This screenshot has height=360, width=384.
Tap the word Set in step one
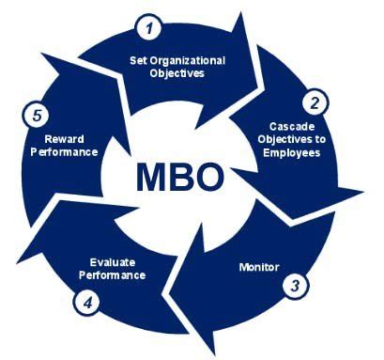coord(139,61)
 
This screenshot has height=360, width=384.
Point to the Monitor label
coord(259,266)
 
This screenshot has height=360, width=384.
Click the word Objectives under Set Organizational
coord(178,73)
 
